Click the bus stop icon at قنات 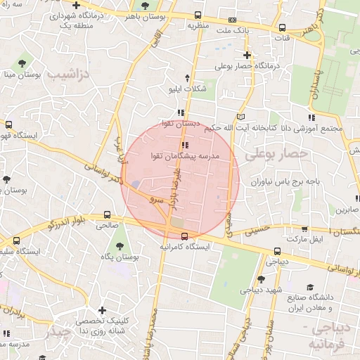[x=282, y=27]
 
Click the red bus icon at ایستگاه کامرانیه [x=184, y=236]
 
